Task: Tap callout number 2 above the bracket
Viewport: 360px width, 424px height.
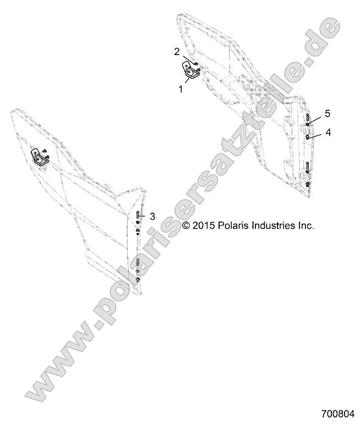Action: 177,52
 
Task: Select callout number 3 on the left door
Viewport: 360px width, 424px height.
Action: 152,216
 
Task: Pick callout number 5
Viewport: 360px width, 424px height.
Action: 327,113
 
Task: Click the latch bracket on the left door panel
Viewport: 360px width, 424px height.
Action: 40,157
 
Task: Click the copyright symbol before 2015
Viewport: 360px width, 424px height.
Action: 186,225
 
